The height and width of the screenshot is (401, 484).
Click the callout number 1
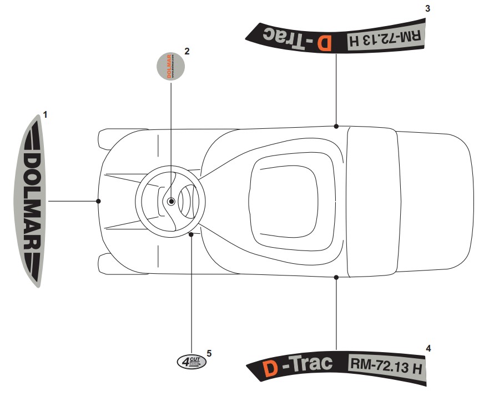46,115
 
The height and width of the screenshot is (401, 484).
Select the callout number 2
187,51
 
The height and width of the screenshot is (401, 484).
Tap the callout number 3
427,8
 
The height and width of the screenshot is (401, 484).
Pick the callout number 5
209,353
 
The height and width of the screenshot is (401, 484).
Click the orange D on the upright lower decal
270,368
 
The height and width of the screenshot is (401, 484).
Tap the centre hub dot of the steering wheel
172,201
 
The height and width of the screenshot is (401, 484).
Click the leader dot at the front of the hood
98,200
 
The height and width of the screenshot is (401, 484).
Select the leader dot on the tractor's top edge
336,126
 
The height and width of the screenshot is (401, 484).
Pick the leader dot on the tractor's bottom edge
336,276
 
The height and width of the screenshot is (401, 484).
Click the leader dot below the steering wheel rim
191,235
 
